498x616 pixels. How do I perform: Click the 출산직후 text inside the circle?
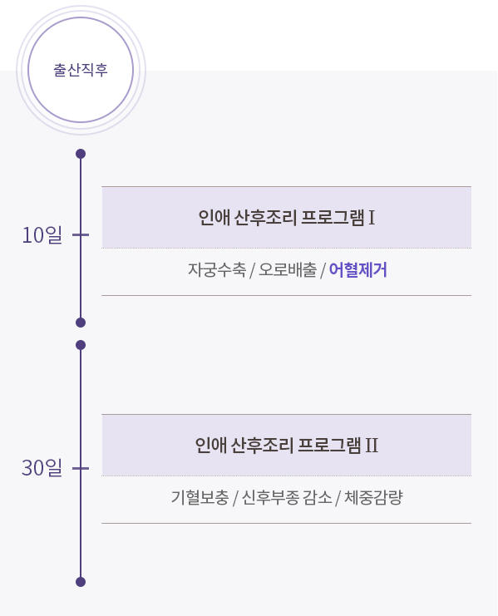[81, 70]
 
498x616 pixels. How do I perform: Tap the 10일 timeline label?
[42, 235]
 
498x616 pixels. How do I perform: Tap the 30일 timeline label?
[42, 468]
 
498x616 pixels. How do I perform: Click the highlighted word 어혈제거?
[357, 270]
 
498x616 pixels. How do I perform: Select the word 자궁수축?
[217, 270]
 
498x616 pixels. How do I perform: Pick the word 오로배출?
[288, 270]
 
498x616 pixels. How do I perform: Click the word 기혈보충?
[200, 497]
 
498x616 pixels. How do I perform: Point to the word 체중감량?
[373, 497]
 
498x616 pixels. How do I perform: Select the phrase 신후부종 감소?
[287, 497]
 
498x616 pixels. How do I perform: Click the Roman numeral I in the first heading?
[372, 217]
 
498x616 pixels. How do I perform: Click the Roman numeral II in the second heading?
[372, 445]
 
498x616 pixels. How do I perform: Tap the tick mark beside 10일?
[81, 235]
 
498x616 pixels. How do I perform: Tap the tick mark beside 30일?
[81, 468]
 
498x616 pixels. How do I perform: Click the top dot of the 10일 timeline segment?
[81, 154]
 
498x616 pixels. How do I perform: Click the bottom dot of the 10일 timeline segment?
[81, 323]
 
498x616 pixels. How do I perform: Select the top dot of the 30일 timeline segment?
[81, 345]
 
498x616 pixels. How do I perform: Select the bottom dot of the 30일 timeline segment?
[81, 582]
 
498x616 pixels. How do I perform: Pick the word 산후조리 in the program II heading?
[262, 445]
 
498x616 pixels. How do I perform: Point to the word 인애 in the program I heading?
[214, 217]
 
